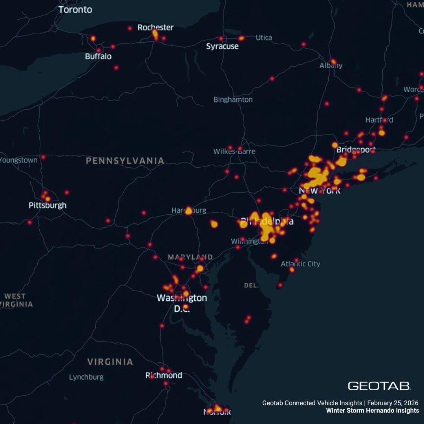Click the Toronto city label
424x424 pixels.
click(75, 9)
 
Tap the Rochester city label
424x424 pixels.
click(155, 27)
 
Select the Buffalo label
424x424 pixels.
click(98, 57)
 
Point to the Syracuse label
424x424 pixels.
click(222, 46)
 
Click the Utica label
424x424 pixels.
click(264, 38)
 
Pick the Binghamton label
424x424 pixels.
click(233, 100)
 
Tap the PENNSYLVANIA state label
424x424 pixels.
click(125, 161)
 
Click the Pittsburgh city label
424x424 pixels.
click(48, 205)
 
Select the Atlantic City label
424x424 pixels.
click(300, 264)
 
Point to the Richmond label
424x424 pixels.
click(164, 375)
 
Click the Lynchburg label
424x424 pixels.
click(86, 377)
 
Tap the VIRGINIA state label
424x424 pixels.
click(110, 362)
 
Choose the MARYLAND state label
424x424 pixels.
click(190, 257)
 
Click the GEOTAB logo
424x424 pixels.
click(379, 386)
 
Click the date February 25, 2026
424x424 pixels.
click(393, 403)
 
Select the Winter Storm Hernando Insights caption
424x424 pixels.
click(373, 411)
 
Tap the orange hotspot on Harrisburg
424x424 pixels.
click(188, 210)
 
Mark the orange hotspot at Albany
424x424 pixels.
click(333, 62)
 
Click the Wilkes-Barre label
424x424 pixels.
click(234, 152)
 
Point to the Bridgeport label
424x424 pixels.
click(356, 150)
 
